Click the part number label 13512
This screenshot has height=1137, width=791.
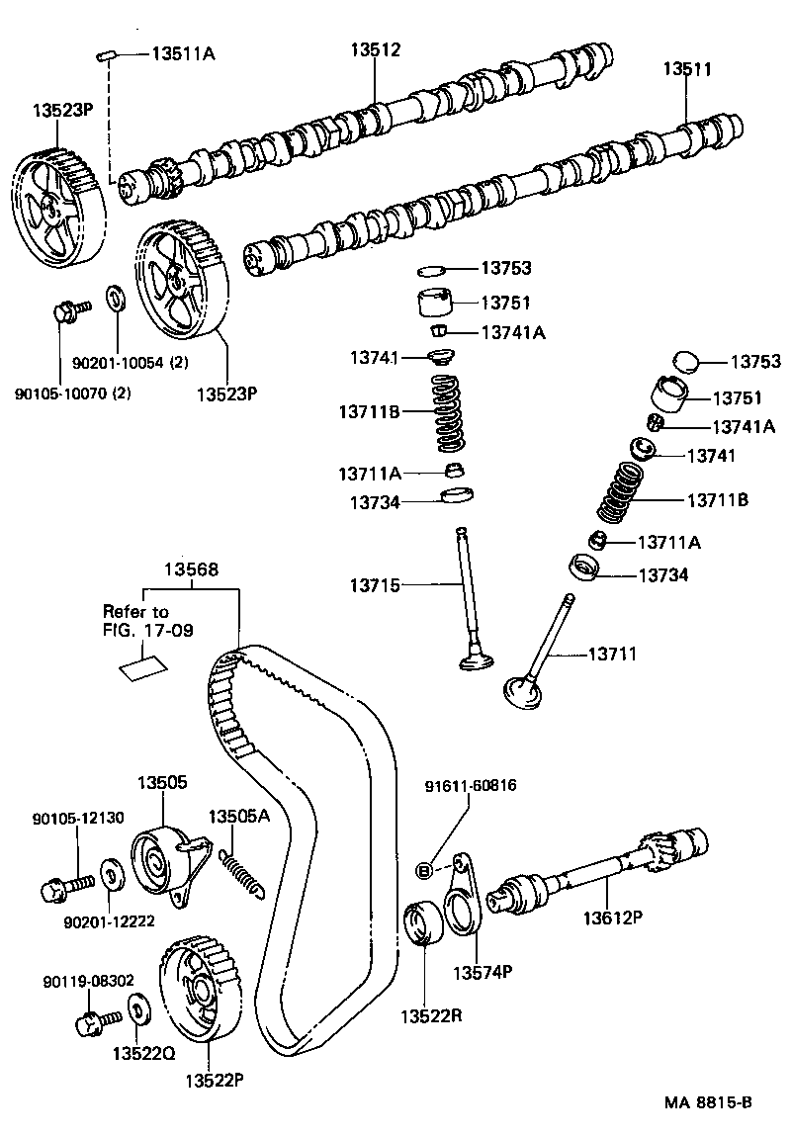[x=376, y=49]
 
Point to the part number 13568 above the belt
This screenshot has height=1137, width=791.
[x=191, y=569]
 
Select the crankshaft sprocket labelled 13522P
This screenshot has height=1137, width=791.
[x=198, y=989]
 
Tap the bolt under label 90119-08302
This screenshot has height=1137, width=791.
[x=92, y=1019]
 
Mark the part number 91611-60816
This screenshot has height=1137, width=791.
[x=471, y=786]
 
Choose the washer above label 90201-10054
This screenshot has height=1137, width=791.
[x=114, y=296]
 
